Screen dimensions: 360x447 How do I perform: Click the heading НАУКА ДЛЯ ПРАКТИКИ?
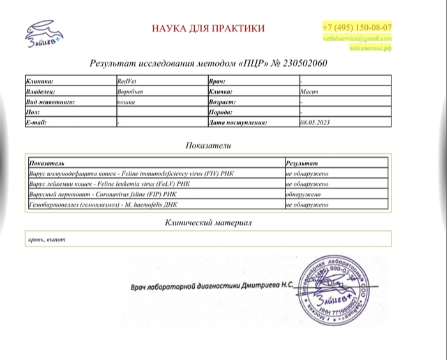208,29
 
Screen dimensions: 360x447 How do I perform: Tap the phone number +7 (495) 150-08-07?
357,28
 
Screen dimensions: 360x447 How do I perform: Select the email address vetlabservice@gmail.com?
357,39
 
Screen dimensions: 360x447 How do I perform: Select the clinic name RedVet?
126,82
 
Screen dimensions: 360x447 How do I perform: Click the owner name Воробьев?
130,92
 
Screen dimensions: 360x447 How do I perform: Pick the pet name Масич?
310,92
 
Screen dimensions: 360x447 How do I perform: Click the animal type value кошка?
126,102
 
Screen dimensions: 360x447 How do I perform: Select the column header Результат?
302,163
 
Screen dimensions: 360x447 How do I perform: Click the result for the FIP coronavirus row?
303,194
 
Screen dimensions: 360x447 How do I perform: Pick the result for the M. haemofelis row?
307,205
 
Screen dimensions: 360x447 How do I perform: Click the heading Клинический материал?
208,223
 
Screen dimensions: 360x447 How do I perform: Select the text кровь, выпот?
47,239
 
